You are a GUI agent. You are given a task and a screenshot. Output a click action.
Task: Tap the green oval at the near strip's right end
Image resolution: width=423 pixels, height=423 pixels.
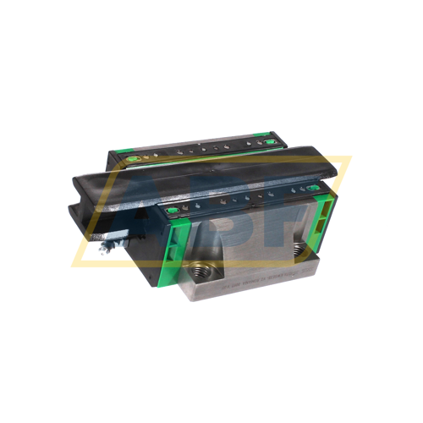click(312, 188)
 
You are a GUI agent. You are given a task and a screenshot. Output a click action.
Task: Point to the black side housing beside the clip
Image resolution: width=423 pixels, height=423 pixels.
click(127, 237)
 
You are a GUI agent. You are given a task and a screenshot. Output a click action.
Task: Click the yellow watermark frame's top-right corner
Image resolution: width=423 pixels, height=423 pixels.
click(349, 158)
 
